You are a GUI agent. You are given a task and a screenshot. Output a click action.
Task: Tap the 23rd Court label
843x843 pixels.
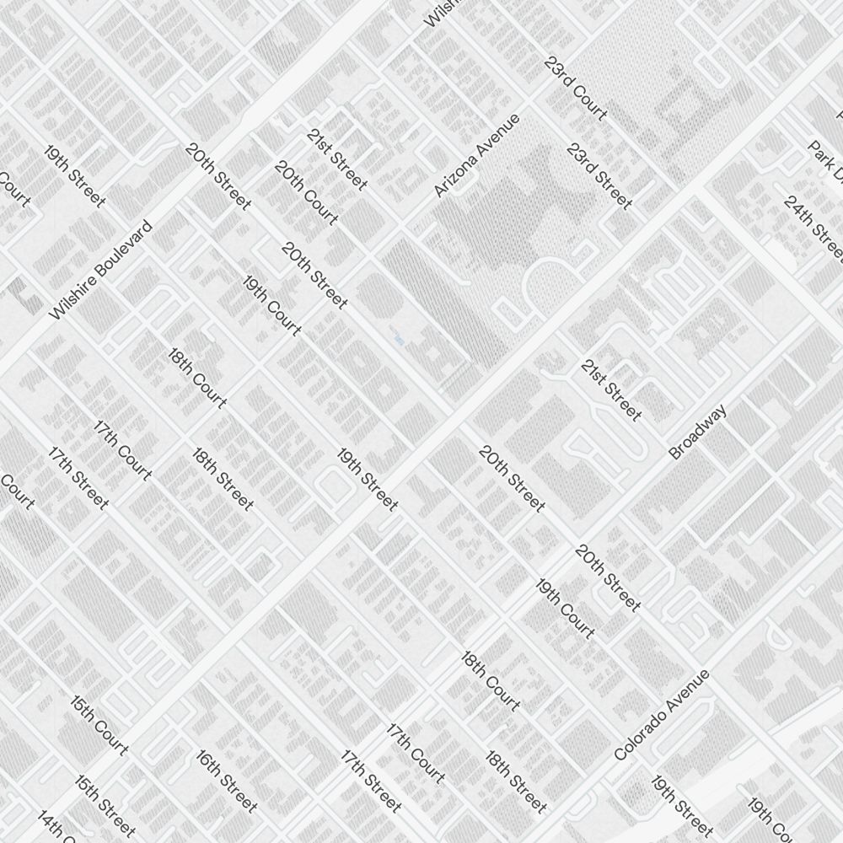pos(576,89)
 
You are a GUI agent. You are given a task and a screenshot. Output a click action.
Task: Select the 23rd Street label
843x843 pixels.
pos(599,176)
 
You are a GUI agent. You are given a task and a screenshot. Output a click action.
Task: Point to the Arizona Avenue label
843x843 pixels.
pos(477,156)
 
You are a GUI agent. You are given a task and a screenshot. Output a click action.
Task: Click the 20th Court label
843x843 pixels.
pos(306,193)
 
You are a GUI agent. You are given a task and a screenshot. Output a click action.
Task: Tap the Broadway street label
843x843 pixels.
pos(698,432)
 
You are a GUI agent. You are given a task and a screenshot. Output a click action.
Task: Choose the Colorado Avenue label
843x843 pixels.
pos(662,716)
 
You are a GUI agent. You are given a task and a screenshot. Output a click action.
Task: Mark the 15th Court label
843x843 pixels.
pos(99,725)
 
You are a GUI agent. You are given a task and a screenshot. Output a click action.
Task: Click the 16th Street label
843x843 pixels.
pos(227,781)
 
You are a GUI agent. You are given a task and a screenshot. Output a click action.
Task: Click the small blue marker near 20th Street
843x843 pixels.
pos(398,339)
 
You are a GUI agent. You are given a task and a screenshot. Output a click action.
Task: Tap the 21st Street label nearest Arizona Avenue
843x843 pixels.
pos(337,158)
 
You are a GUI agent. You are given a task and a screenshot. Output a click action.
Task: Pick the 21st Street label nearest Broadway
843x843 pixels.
pos(611,389)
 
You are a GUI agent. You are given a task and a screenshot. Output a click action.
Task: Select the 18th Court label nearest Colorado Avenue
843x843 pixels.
pos(491,680)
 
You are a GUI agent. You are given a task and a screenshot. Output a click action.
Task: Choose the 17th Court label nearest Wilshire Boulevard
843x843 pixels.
pos(123,449)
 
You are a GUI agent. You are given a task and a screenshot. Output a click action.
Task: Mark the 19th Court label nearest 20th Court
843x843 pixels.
pos(271,305)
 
